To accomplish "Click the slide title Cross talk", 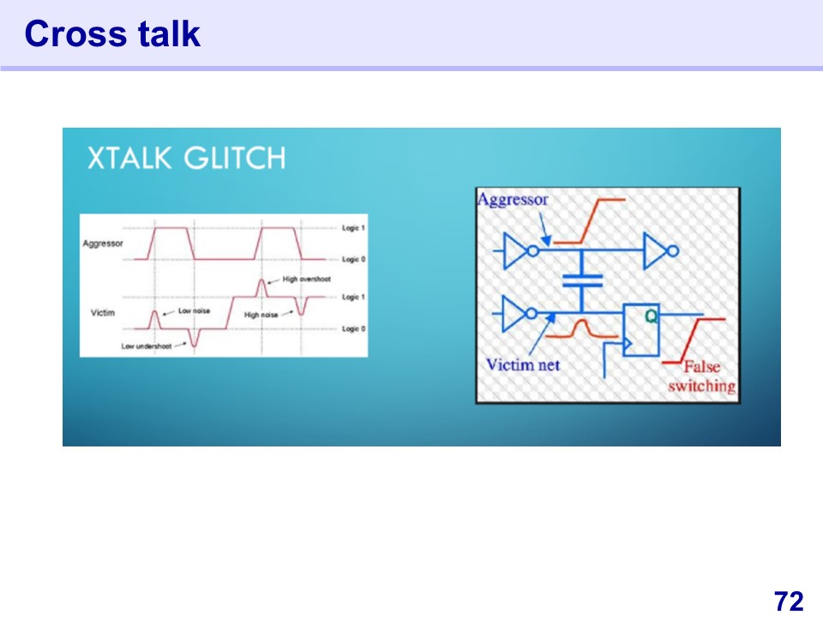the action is coord(112,33).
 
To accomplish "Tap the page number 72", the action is coord(789,601).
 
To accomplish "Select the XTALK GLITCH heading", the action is coord(186,158).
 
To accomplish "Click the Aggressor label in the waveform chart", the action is coord(103,243).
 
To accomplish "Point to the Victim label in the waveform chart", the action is coord(103,313).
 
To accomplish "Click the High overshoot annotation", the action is coord(307,279).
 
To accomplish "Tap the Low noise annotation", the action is coord(195,310).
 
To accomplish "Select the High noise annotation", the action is coord(261,314).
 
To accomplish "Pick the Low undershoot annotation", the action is coord(147,346).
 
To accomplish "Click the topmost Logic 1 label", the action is coord(353,228).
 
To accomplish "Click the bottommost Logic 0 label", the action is coord(353,329).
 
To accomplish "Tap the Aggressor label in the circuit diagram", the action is coord(513,200).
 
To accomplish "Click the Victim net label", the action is coord(523,365).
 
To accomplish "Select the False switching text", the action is coord(702,376).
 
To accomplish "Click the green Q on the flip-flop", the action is coord(651,316).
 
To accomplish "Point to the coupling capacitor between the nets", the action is coord(582,281).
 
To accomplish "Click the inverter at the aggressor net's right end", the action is coord(661,251).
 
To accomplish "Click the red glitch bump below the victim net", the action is coord(581,329).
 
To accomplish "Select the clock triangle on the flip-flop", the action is coord(628,344).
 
